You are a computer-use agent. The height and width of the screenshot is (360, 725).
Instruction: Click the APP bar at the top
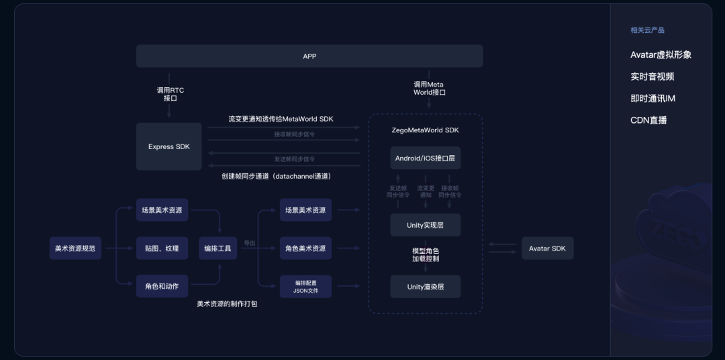pos(309,56)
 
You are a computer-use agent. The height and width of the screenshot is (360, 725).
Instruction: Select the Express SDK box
pos(169,146)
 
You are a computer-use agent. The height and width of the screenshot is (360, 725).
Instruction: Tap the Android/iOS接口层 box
pos(426,159)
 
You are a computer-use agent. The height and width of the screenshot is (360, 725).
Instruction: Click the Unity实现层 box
pos(426,225)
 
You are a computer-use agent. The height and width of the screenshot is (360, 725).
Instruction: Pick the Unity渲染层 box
pos(426,287)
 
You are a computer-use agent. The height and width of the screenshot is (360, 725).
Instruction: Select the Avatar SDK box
pos(547,249)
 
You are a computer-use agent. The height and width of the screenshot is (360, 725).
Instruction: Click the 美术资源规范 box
pos(75,249)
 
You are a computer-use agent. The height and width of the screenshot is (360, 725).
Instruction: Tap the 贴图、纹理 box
pos(162,249)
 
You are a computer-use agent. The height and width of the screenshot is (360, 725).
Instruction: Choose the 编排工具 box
pos(217,249)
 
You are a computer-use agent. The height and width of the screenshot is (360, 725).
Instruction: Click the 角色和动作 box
pos(162,286)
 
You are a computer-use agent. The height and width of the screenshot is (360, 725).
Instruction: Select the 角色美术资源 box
pos(305,249)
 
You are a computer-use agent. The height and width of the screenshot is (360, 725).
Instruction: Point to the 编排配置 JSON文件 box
pos(305,287)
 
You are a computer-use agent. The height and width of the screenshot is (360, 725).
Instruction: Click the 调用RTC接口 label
pos(170,94)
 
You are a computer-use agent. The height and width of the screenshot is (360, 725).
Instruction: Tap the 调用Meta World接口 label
pos(429,89)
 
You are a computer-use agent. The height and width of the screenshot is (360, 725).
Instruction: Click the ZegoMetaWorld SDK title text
pos(426,130)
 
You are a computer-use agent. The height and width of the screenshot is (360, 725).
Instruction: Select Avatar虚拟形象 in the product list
pos(661,55)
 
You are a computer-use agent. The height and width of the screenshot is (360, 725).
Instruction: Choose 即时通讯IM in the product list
pos(652,99)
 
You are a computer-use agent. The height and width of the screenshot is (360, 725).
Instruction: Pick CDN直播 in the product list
pos(648,121)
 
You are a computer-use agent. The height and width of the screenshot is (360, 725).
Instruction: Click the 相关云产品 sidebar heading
pos(647,30)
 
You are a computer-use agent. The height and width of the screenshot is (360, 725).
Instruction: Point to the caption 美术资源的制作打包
pos(227,304)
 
